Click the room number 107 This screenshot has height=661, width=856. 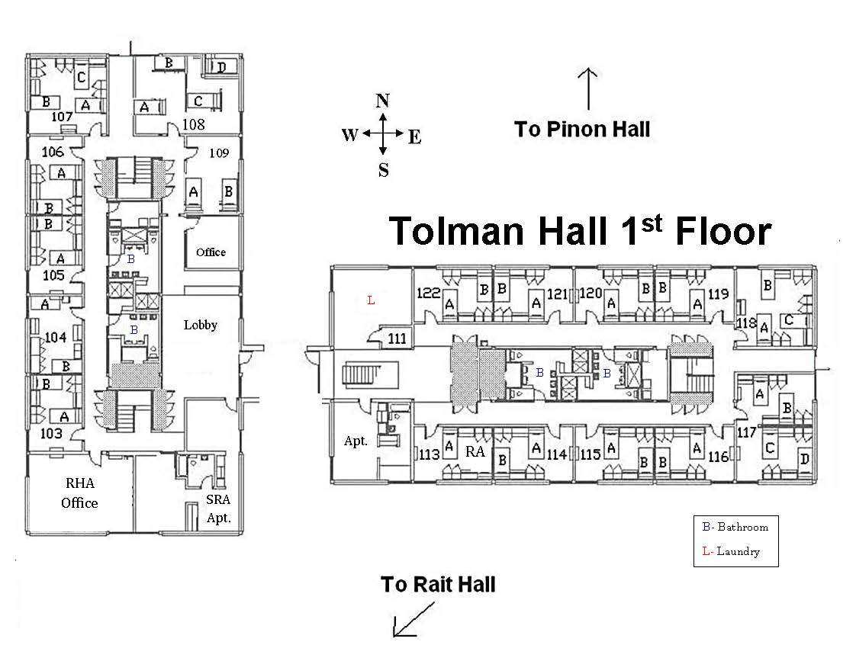pyautogui.click(x=61, y=117)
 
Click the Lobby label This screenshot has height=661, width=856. pyautogui.click(x=201, y=325)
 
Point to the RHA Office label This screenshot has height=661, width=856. pyautogui.click(x=79, y=493)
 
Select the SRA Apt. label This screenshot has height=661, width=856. pyautogui.click(x=217, y=509)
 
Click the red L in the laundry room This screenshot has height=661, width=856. pyautogui.click(x=372, y=300)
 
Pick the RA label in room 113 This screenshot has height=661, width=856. pyautogui.click(x=475, y=451)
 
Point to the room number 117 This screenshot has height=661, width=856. pyautogui.click(x=747, y=432)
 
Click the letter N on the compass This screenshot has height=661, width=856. pyautogui.click(x=384, y=101)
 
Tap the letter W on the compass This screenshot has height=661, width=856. pyautogui.click(x=349, y=135)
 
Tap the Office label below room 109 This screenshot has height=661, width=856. pyautogui.click(x=211, y=252)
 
